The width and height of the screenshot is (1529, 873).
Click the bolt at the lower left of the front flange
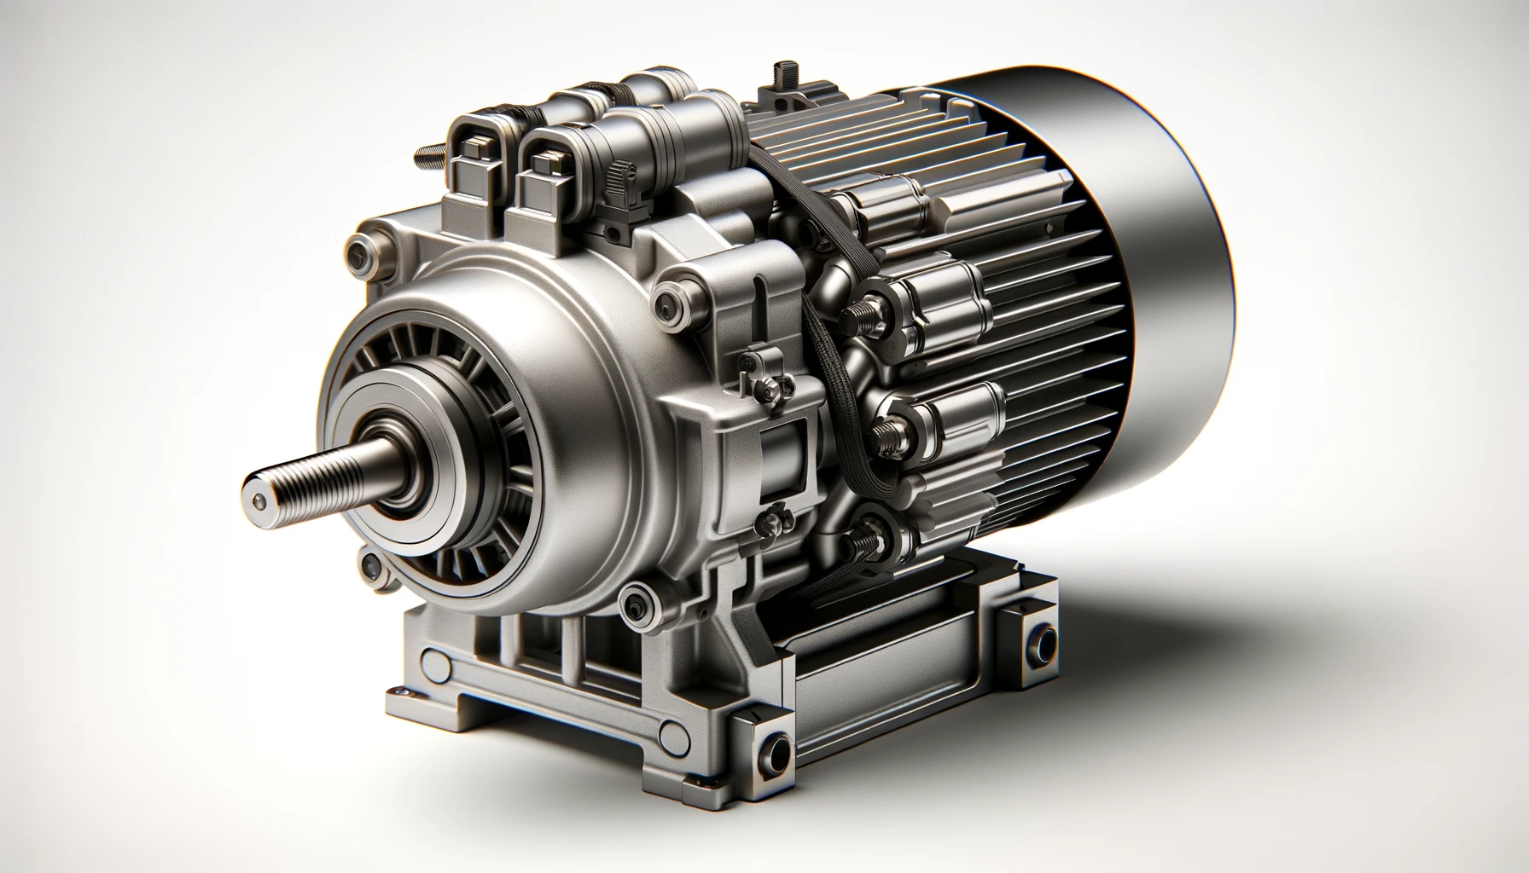(369, 563)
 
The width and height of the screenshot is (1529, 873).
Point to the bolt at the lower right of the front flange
(636, 603)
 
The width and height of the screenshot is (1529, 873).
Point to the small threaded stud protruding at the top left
(424, 155)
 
